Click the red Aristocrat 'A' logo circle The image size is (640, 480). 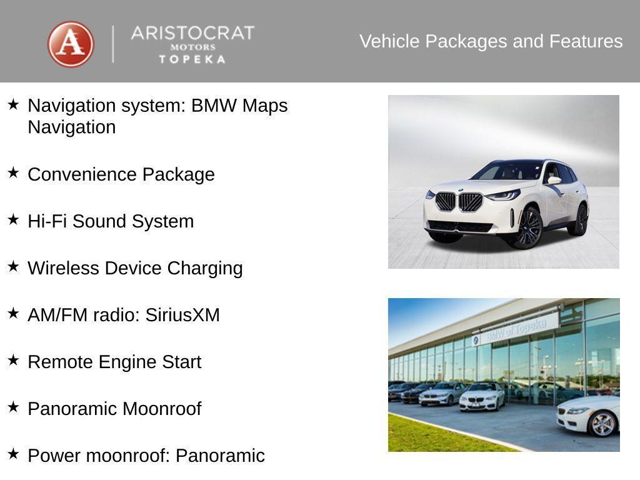tap(71, 44)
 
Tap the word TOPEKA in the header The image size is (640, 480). tap(192, 59)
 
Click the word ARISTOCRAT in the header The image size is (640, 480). tap(192, 32)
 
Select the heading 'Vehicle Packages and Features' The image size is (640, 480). tap(491, 41)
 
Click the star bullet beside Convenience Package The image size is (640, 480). tap(13, 172)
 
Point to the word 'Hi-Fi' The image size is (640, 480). tap(47, 221)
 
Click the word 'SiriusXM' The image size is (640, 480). tap(182, 315)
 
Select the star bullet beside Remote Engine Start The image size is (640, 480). tap(13, 360)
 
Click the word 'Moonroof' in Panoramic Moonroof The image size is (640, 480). tap(162, 409)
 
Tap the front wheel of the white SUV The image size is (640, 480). tap(529, 227)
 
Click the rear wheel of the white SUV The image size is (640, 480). tap(581, 220)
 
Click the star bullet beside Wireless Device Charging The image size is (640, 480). tap(13, 266)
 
